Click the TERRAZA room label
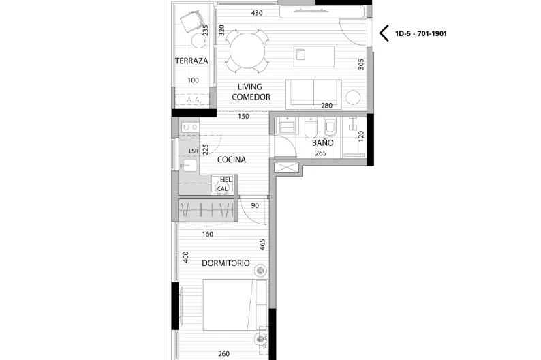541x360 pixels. pyautogui.click(x=191, y=61)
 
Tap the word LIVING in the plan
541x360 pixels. pyautogui.click(x=250, y=87)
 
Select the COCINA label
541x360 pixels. pyautogui.click(x=232, y=160)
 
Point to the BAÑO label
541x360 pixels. pyautogui.click(x=322, y=142)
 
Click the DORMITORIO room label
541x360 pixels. pyautogui.click(x=226, y=263)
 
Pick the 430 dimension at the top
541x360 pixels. pyautogui.click(x=257, y=13)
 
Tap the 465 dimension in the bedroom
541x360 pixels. pyautogui.click(x=262, y=245)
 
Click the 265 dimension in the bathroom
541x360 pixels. pyautogui.click(x=320, y=153)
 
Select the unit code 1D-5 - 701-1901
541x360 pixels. pyautogui.click(x=421, y=34)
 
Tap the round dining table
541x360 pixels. pyautogui.click(x=247, y=51)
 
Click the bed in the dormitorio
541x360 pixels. pyautogui.click(x=234, y=305)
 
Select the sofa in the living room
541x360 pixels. pyautogui.click(x=313, y=93)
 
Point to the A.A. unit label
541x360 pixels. pyautogui.click(x=194, y=100)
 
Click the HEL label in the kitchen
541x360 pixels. pyautogui.click(x=226, y=180)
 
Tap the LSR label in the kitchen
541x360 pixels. pyautogui.click(x=194, y=151)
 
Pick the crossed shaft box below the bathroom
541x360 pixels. pyautogui.click(x=286, y=168)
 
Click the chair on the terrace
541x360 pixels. pyautogui.click(x=191, y=21)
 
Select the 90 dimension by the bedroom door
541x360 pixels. pyautogui.click(x=255, y=205)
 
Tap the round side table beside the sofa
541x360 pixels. pyautogui.click(x=353, y=97)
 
